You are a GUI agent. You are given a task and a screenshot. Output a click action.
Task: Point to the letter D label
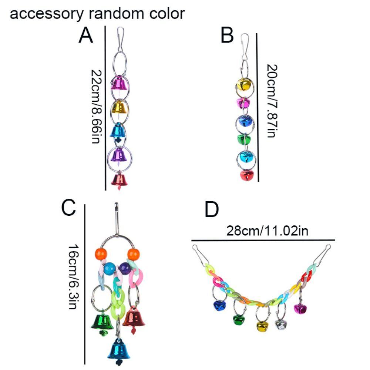click(212, 210)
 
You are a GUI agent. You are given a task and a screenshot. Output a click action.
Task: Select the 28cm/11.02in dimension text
click(263, 232)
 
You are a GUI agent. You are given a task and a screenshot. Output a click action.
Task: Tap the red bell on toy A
click(120, 181)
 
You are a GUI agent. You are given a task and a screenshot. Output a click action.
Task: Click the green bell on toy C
click(102, 322)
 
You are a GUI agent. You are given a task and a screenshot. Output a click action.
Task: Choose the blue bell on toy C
click(119, 350)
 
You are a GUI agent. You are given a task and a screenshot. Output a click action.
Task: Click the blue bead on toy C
click(110, 268)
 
